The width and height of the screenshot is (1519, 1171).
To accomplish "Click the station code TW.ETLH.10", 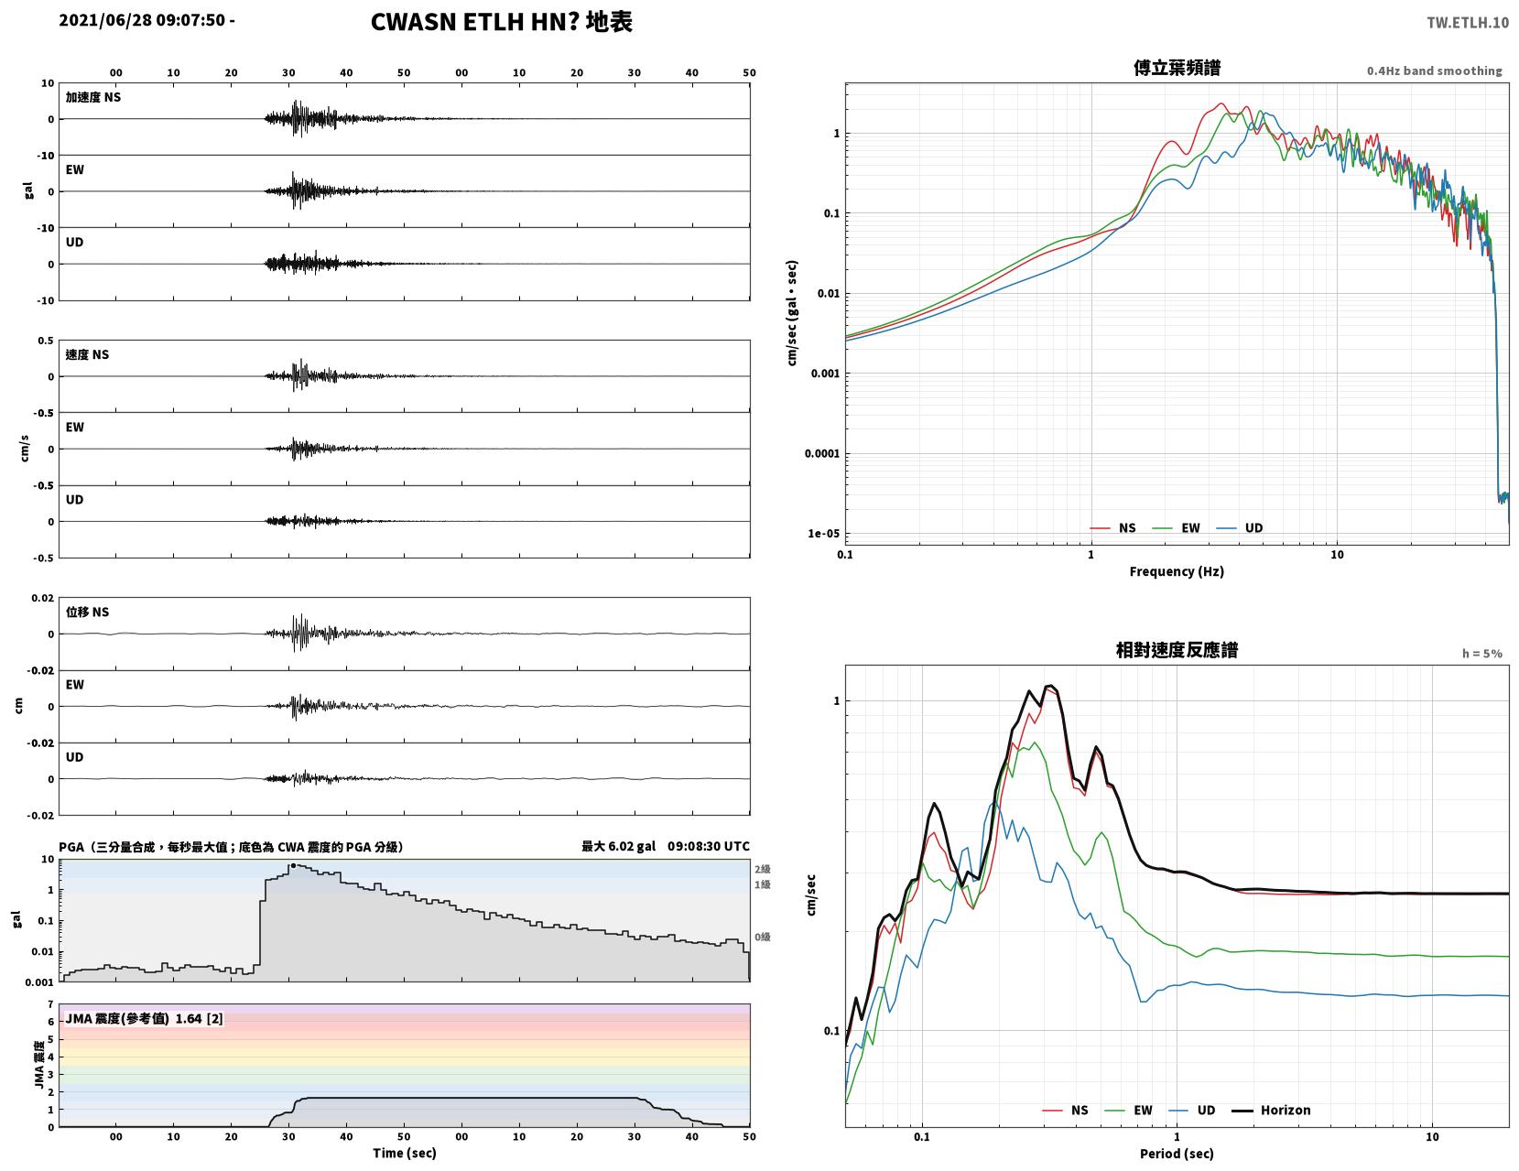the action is [1468, 22].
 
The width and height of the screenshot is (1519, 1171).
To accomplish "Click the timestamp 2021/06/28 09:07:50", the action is [142, 19].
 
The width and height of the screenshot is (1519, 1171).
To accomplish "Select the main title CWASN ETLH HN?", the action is [474, 22].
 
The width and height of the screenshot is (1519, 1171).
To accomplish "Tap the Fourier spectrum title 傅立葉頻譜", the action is [1177, 68].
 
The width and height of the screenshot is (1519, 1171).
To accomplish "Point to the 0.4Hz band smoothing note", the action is [1434, 70].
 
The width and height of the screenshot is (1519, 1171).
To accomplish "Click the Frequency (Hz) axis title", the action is [1177, 570].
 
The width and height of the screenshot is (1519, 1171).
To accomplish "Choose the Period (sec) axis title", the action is [1177, 1153].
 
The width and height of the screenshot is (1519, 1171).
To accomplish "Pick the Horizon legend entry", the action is [1270, 1110].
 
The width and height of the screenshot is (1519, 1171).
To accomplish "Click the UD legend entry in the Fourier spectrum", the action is [1240, 527].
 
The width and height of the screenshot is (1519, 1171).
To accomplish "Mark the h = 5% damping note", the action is [1482, 654].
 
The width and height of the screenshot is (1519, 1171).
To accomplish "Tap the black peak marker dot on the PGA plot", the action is [293, 866].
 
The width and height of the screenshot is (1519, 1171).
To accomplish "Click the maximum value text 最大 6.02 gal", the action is [619, 846].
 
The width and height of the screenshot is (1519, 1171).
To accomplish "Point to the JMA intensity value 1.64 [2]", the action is [200, 1018].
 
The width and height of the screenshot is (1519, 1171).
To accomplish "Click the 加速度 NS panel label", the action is [93, 97].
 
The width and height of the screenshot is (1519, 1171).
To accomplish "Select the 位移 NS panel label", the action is [87, 612].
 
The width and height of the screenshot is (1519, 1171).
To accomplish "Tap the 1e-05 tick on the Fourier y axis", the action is [823, 533].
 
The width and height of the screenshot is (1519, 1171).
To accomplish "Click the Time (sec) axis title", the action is [404, 1153].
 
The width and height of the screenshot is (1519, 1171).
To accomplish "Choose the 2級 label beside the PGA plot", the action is [762, 869].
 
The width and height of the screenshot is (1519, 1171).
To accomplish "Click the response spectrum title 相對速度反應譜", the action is [1177, 650].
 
